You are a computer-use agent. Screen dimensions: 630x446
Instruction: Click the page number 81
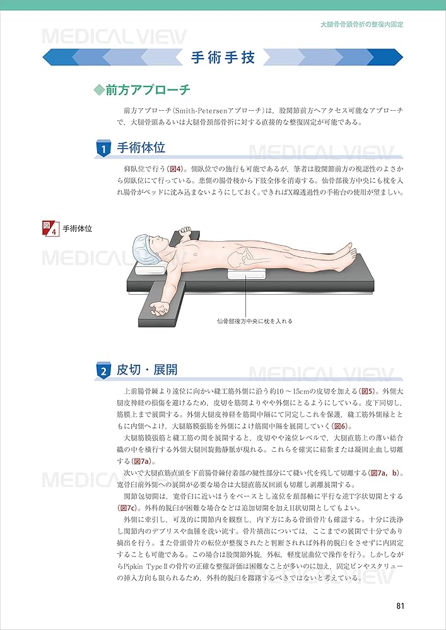click(x=399, y=606)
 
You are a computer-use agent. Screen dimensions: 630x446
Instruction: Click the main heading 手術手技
click(x=223, y=58)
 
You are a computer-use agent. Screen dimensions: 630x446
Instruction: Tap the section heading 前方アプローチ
click(x=148, y=90)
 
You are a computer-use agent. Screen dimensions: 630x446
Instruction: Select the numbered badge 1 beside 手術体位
click(x=103, y=149)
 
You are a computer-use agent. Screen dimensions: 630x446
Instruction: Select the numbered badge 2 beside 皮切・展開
click(x=103, y=371)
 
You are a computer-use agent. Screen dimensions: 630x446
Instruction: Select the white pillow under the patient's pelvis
click(x=247, y=275)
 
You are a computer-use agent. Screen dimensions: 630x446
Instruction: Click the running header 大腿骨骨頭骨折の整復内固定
click(x=361, y=25)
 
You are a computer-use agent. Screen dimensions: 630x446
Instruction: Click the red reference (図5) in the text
click(x=367, y=391)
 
